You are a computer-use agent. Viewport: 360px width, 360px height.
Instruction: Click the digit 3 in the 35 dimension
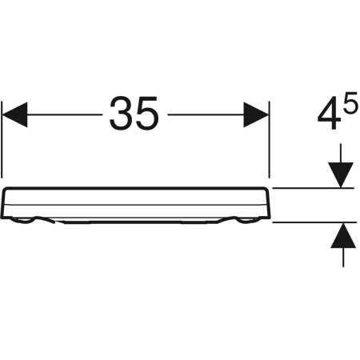(x=121, y=114)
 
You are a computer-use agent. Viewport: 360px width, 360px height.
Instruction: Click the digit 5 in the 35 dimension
(x=147, y=114)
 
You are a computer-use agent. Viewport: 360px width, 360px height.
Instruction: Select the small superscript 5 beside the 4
(x=350, y=102)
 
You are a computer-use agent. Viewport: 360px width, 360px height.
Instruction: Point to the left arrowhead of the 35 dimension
(x=14, y=114)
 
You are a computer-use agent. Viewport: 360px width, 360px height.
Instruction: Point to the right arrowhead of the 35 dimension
(x=255, y=114)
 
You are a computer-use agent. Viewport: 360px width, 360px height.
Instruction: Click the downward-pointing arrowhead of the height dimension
(x=341, y=175)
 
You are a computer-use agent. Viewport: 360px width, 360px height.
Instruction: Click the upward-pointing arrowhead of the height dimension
(x=343, y=235)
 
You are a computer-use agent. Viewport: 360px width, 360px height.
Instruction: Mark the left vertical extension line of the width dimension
(x=2, y=139)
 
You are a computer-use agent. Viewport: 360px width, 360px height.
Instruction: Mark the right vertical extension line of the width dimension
(x=270, y=139)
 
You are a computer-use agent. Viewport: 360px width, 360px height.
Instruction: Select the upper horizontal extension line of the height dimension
(x=313, y=188)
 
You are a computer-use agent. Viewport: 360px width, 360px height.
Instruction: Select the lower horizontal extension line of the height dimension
(x=314, y=222)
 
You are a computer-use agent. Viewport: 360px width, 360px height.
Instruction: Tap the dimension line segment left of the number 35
(x=65, y=114)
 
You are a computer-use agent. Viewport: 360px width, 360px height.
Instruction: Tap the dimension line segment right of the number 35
(x=206, y=114)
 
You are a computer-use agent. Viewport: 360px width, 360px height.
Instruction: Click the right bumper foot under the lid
(x=246, y=220)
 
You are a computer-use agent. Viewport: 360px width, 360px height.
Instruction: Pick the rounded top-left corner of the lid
(x=6, y=190)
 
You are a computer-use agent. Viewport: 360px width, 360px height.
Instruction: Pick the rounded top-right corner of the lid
(x=266, y=190)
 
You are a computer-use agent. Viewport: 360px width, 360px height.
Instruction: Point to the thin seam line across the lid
(x=135, y=205)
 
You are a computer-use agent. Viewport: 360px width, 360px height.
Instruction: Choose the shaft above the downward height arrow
(x=341, y=153)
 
